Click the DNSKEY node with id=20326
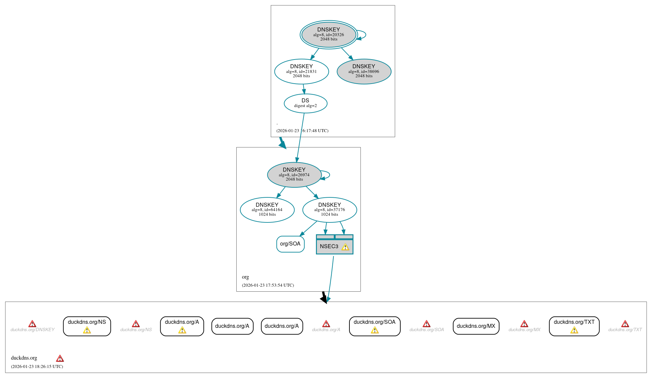pyautogui.click(x=329, y=34)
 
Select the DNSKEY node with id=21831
pyautogui.click(x=301, y=71)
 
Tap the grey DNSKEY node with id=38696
pyautogui.click(x=364, y=71)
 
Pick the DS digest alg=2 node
pyautogui.click(x=305, y=103)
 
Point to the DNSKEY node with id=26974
pyautogui.click(x=294, y=175)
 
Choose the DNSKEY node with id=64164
pyautogui.click(x=267, y=210)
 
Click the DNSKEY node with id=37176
pyautogui.click(x=329, y=210)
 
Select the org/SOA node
pyautogui.click(x=290, y=244)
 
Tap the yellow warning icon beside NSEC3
pyautogui.click(x=345, y=247)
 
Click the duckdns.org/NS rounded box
pyautogui.click(x=87, y=326)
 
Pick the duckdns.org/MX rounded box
pyautogui.click(x=476, y=326)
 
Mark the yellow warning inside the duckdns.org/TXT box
pyautogui.click(x=574, y=330)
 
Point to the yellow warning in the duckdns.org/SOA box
pyautogui.click(x=375, y=330)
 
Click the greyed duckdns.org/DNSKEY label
pyautogui.click(x=32, y=330)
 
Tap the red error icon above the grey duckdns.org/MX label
pyautogui.click(x=524, y=324)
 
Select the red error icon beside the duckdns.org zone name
pyautogui.click(x=60, y=359)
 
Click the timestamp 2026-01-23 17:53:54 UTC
pyautogui.click(x=268, y=285)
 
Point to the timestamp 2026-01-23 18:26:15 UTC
pyautogui.click(x=37, y=367)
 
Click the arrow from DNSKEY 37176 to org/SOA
pyautogui.click(x=309, y=228)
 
